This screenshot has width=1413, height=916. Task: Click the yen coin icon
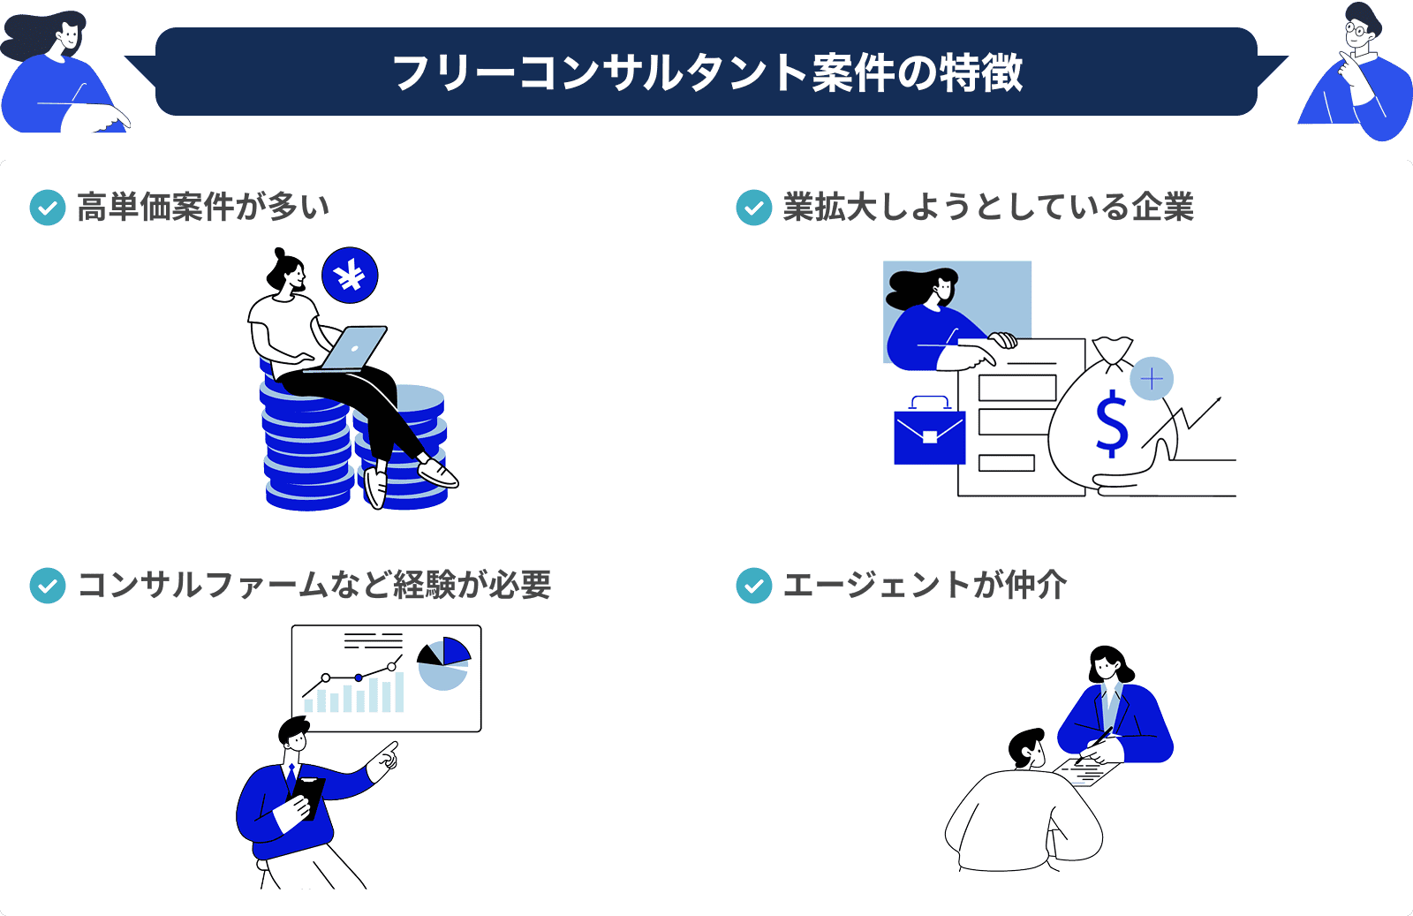(x=350, y=276)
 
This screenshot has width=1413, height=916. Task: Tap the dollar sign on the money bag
(x=1111, y=424)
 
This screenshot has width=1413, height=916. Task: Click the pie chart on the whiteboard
(x=443, y=663)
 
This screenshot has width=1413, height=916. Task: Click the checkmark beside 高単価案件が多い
(x=48, y=208)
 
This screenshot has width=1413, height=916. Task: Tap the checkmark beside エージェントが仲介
(x=753, y=586)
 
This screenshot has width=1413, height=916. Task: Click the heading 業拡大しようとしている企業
(x=987, y=208)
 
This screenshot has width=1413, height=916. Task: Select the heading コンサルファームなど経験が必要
(x=314, y=586)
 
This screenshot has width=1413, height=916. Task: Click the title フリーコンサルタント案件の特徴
(x=706, y=72)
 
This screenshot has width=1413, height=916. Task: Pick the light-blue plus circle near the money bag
(x=1152, y=379)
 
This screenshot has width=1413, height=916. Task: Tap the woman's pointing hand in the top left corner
(x=111, y=118)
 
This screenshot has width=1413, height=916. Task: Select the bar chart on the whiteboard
(x=354, y=694)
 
